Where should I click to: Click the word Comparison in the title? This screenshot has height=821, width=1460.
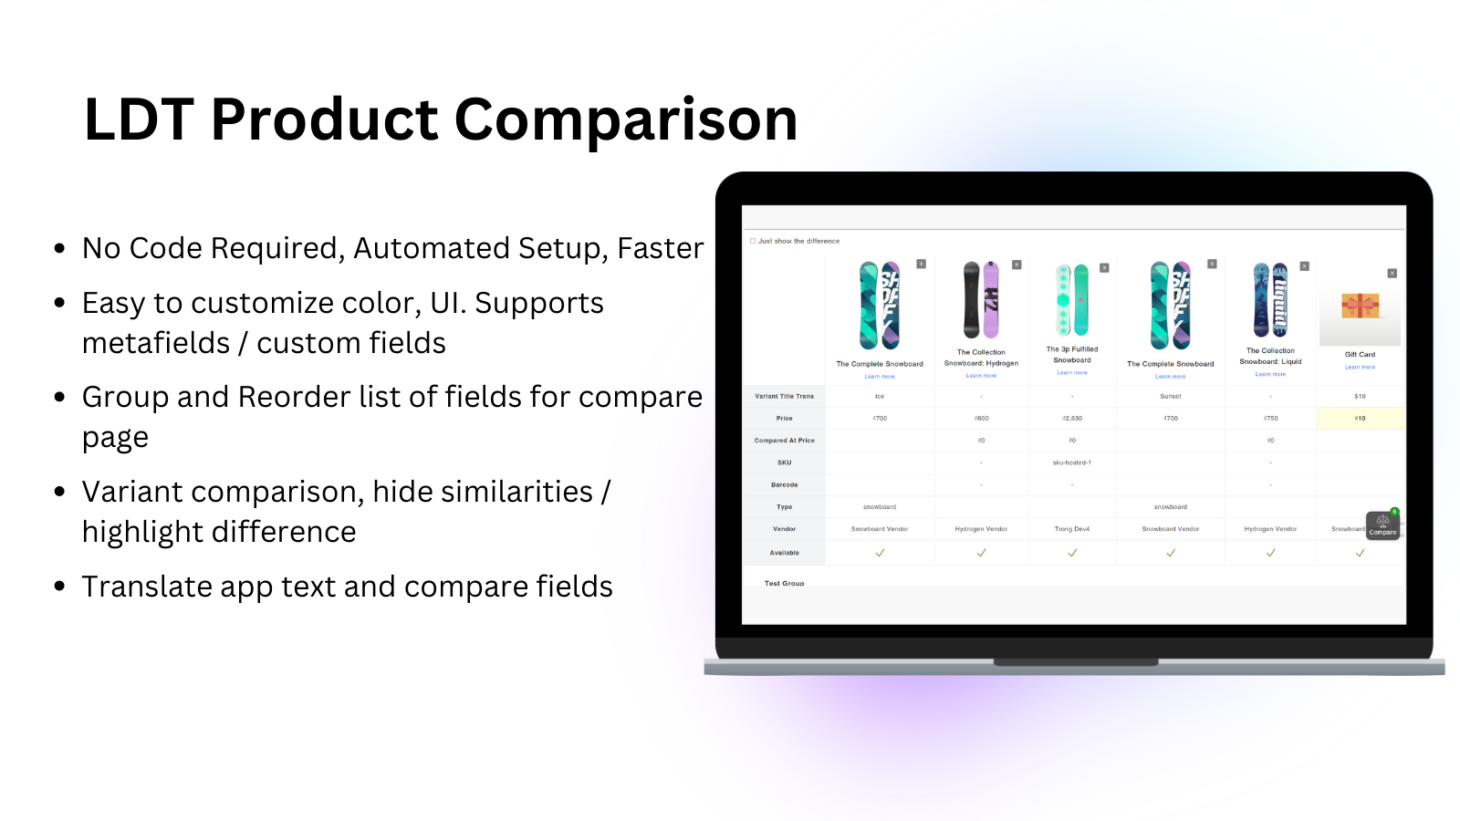(625, 120)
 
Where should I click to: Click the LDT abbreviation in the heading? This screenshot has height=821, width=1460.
(139, 120)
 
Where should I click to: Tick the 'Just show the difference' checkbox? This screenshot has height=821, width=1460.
(753, 241)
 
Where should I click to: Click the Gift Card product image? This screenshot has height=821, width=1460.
(1360, 306)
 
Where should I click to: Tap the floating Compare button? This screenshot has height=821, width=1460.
(1382, 525)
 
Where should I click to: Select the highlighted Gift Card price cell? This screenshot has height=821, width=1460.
(1360, 419)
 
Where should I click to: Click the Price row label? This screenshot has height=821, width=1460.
(784, 419)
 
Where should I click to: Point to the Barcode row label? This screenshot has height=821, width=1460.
(784, 485)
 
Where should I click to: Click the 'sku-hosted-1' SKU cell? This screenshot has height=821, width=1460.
(1072, 462)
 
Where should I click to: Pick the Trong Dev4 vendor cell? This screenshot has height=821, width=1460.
(1072, 529)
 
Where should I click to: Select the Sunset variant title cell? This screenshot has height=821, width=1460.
(1171, 397)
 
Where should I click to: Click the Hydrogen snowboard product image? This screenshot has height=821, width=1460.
(981, 300)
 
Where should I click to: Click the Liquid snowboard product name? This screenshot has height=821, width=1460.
(1270, 356)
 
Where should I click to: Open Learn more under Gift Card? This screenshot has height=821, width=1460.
(1360, 368)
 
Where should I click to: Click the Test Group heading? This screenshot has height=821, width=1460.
(784, 583)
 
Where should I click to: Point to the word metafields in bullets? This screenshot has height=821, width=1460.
(156, 343)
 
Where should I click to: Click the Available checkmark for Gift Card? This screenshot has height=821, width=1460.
(1360, 553)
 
